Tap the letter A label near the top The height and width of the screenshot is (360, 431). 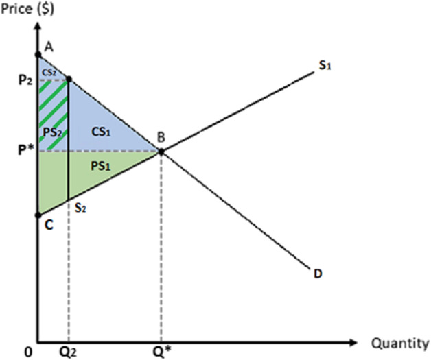click(x=48, y=45)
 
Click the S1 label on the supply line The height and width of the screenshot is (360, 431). click(x=324, y=67)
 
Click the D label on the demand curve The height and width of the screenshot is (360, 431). click(x=318, y=274)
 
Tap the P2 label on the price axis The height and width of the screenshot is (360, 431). click(x=25, y=80)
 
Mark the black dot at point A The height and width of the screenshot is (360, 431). click(x=38, y=53)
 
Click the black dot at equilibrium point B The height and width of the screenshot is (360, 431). click(x=161, y=151)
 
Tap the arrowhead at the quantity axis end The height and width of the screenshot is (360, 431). click(x=353, y=341)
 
